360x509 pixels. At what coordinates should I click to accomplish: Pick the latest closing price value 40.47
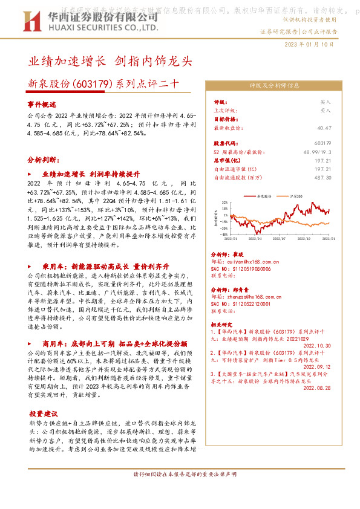324,128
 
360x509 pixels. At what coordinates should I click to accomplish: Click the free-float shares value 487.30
323,177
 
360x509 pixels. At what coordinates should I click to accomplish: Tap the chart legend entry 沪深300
296,197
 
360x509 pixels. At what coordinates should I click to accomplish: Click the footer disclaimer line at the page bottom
180,474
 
